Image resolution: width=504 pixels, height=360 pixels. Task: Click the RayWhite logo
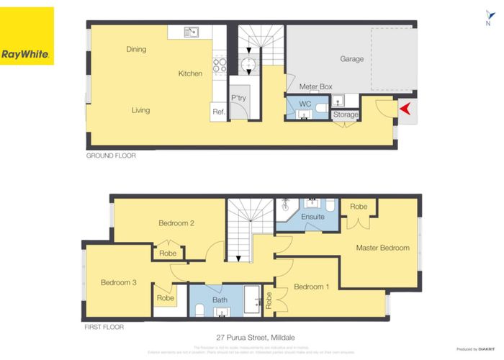click(x=27, y=35)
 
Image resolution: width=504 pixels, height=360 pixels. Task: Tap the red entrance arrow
click(x=405, y=109)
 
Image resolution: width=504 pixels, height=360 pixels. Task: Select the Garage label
click(x=351, y=59)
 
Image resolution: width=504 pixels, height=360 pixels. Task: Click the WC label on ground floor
click(x=304, y=104)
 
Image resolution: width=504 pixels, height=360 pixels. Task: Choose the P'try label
click(x=238, y=98)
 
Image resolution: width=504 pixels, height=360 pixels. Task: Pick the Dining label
click(x=136, y=50)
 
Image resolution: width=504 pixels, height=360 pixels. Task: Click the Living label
click(x=140, y=110)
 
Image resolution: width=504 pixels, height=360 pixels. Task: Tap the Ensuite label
click(x=312, y=216)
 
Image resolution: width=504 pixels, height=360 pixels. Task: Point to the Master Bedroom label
click(x=382, y=248)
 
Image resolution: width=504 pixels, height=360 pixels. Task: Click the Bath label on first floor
click(x=220, y=300)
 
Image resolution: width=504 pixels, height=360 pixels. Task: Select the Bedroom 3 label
click(x=119, y=282)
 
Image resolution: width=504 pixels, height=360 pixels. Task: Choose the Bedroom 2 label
click(x=176, y=223)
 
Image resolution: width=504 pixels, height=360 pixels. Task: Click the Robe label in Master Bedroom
click(x=358, y=207)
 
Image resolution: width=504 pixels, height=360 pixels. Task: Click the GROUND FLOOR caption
click(x=111, y=156)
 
